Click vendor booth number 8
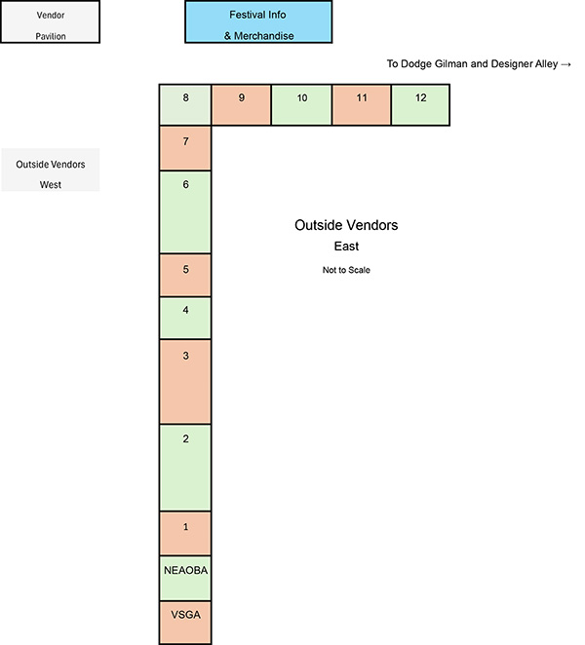[x=185, y=105]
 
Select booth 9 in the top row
[x=241, y=105]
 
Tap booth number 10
[x=301, y=105]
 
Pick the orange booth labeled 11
[x=362, y=105]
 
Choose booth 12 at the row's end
[x=420, y=105]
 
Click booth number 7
[x=185, y=148]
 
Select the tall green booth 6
[x=185, y=211]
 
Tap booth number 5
[x=185, y=275]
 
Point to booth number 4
[x=185, y=318]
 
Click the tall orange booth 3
[x=185, y=381]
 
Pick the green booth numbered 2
[x=185, y=467]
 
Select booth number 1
[x=185, y=532]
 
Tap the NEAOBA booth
[x=185, y=577]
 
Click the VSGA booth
[x=185, y=622]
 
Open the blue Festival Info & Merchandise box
[x=258, y=22]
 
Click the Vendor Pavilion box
[x=50, y=22]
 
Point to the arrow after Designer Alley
[x=566, y=64]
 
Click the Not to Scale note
[x=346, y=270]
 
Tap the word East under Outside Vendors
[x=346, y=247]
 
